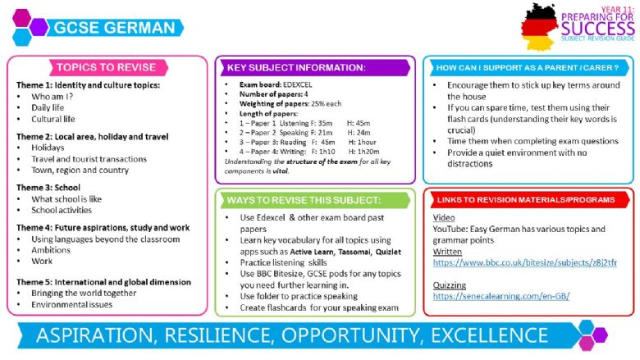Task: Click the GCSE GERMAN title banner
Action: (115, 28)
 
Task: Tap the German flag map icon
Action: (540, 27)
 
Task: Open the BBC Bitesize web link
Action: (525, 262)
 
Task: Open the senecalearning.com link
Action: (501, 296)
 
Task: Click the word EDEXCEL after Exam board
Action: (298, 84)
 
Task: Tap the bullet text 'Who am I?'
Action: (53, 97)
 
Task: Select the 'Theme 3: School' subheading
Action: (48, 188)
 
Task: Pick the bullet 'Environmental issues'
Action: (72, 304)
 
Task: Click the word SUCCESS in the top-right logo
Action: (598, 29)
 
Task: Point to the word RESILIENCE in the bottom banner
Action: (218, 335)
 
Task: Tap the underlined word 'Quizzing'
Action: (450, 285)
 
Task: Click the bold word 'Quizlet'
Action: (388, 252)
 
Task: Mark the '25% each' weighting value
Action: (326, 103)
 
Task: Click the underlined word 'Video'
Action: (444, 217)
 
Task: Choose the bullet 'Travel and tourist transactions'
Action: (89, 159)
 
